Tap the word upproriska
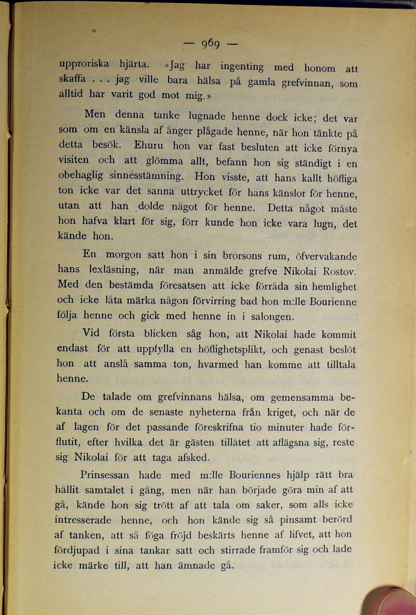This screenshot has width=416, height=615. coord(84,64)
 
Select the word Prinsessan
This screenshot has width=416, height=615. coord(108,475)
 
